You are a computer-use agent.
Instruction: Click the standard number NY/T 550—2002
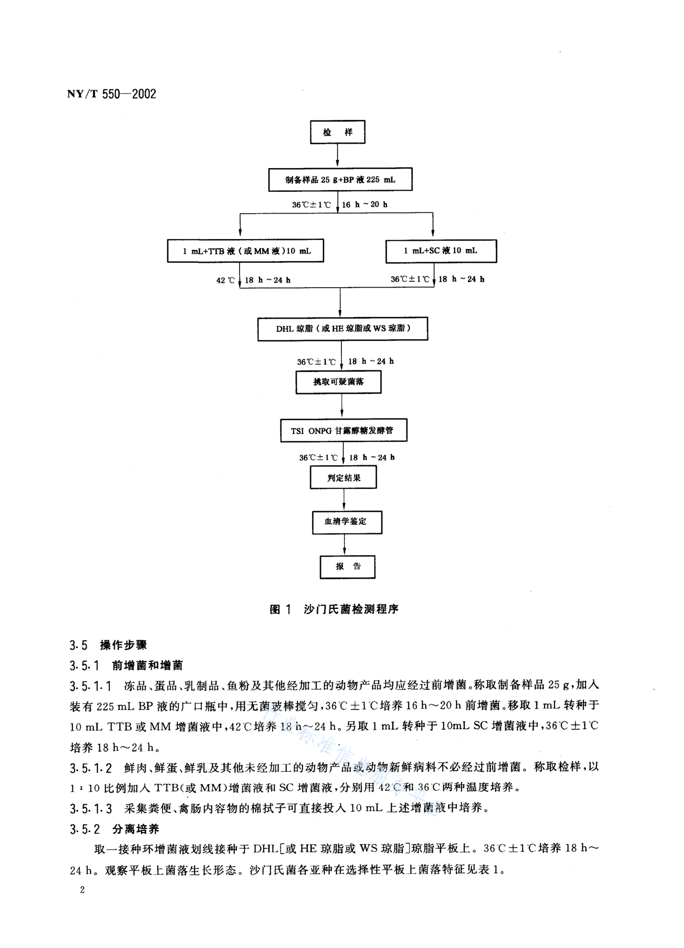coord(112,94)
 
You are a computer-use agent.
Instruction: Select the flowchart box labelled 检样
coord(337,132)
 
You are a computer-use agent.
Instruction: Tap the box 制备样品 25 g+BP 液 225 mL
coord(340,180)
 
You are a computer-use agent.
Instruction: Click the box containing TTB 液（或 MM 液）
coord(245,251)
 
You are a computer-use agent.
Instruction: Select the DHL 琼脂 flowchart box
coord(342,329)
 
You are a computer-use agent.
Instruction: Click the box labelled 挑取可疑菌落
coord(338,382)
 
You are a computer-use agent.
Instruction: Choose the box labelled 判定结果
coord(343,477)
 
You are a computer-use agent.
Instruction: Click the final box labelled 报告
coord(347,567)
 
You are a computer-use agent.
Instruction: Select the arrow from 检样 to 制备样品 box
coord(337,155)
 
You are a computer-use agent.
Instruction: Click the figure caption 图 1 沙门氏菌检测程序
coord(334,609)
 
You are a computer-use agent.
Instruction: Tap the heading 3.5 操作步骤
coord(108,645)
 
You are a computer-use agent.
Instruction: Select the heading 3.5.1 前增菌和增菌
coord(126,665)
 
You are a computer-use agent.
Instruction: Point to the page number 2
coord(82,890)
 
